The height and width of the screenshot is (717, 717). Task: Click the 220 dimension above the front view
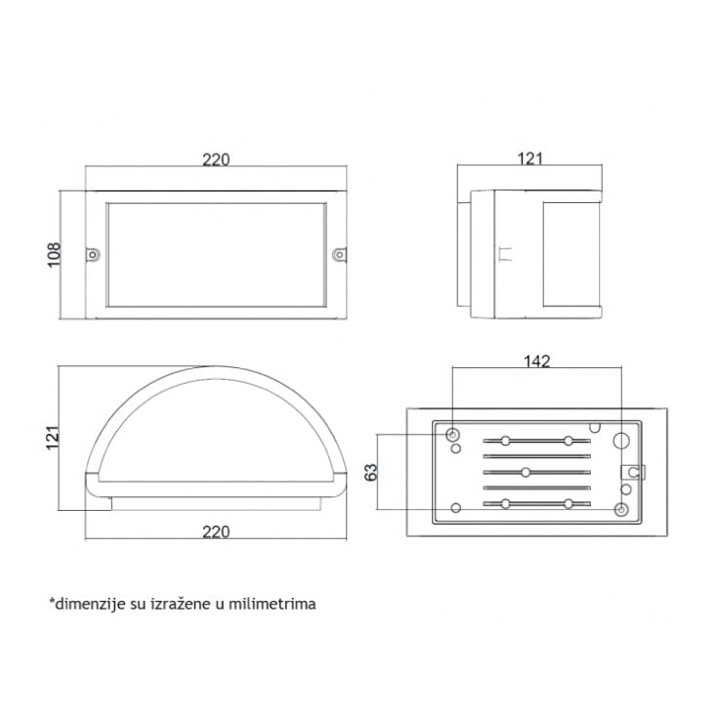pos(216,159)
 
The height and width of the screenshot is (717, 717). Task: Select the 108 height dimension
pos(54,255)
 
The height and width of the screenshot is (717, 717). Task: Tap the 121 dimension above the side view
pos(530,158)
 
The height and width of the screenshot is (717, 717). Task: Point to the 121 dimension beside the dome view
pos(53,438)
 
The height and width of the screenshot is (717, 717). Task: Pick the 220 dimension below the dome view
pos(216,531)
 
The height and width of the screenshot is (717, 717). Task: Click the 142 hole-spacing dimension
pos(537,361)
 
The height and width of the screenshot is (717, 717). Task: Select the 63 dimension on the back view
pos(371,473)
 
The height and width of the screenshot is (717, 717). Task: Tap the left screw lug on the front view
pos(93,255)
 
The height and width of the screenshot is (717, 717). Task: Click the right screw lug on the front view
pos(339,255)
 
